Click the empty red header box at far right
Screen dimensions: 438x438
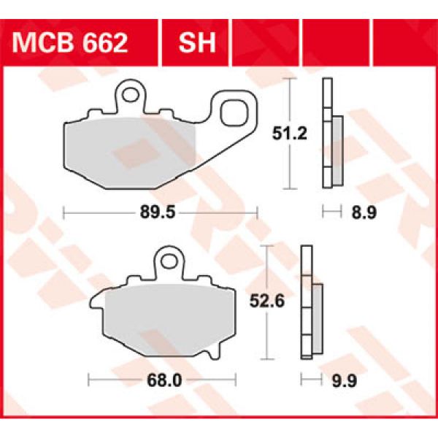pos(406,42)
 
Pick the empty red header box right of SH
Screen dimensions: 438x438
pos(264,42)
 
